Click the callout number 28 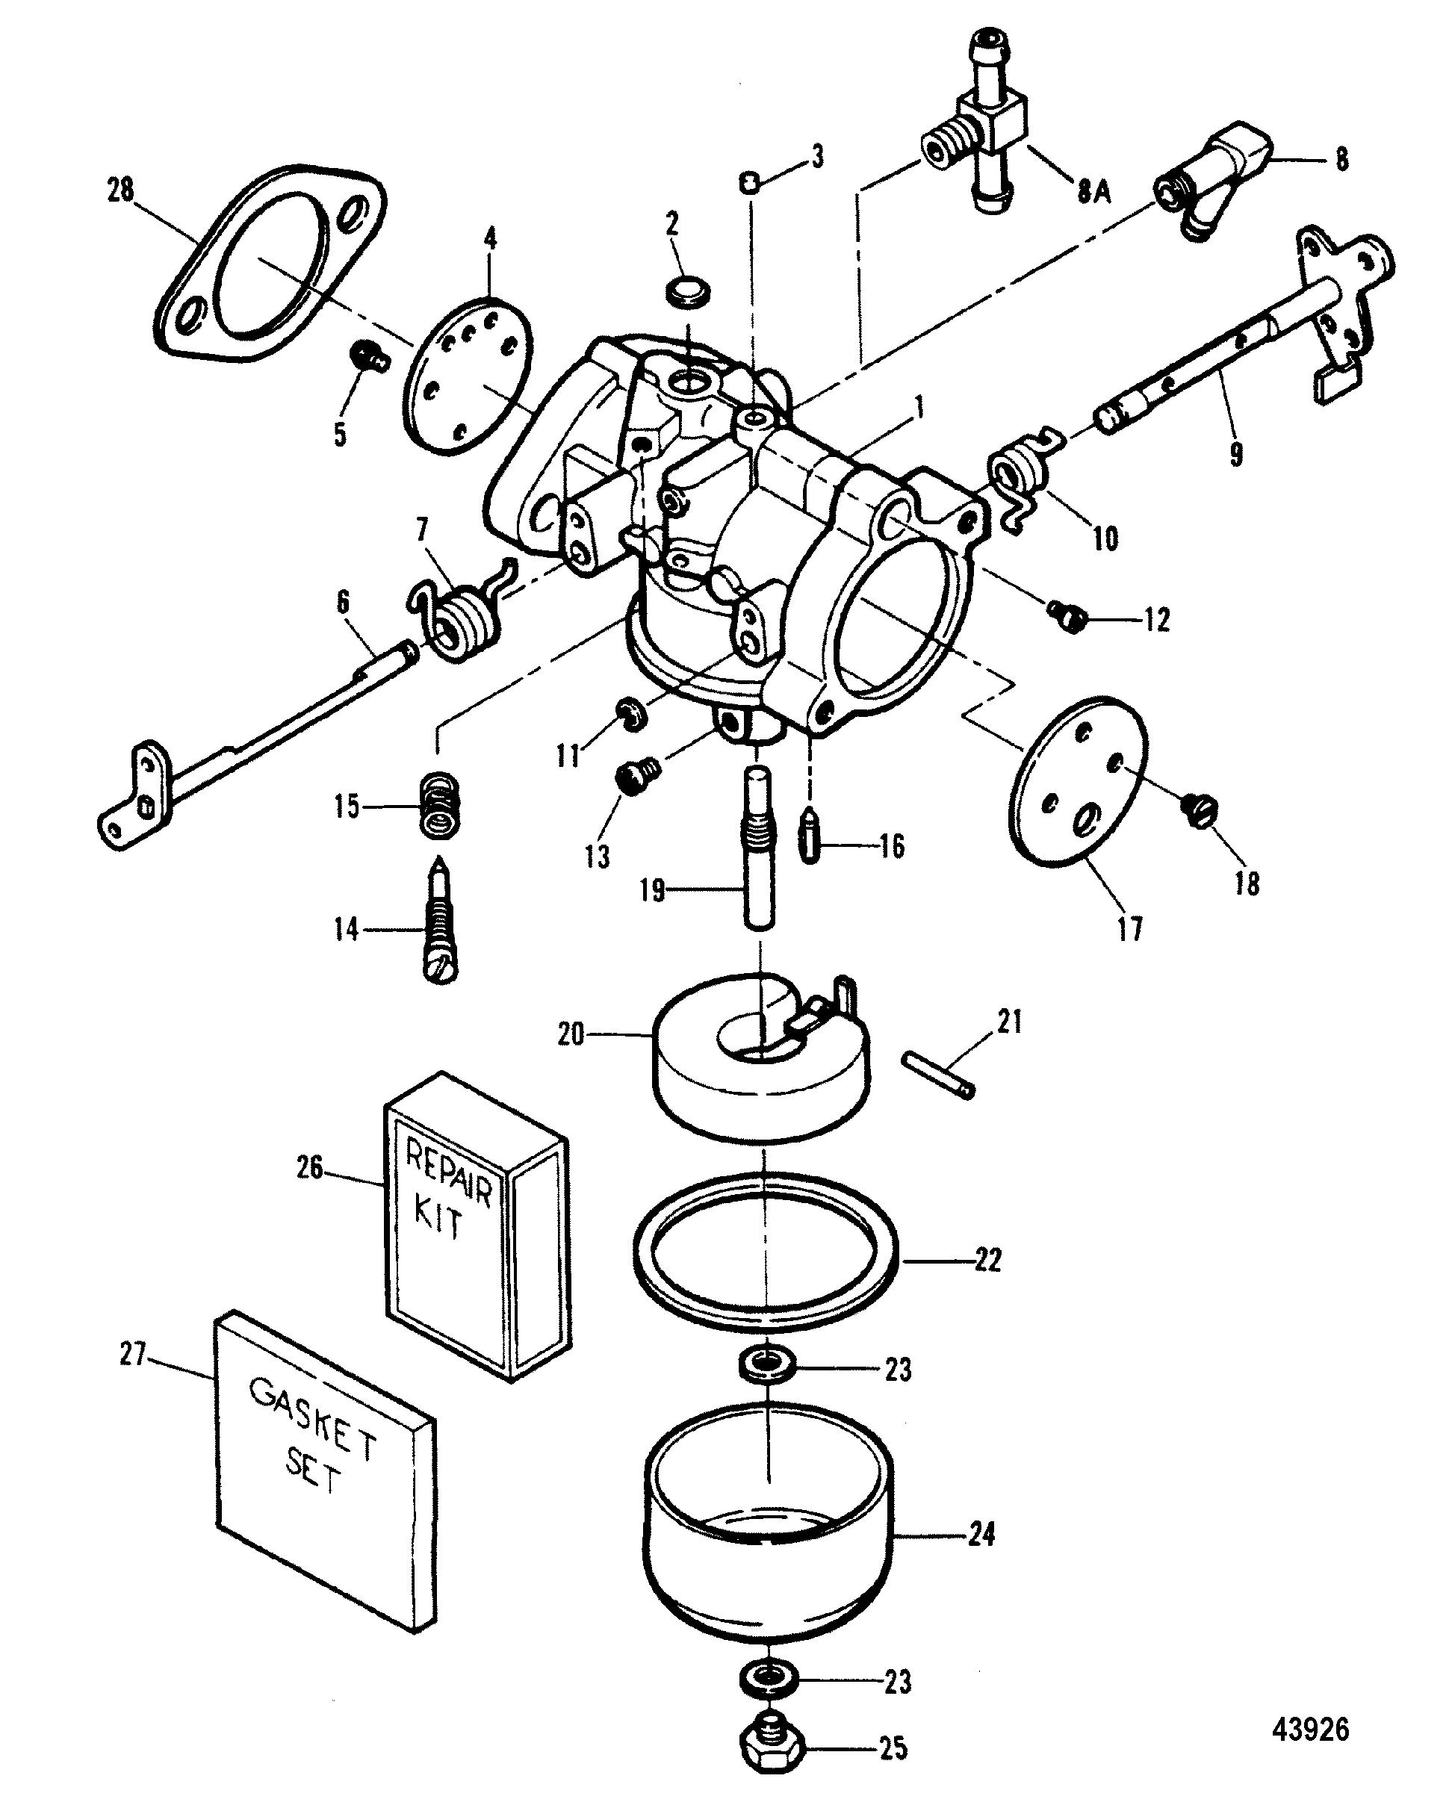(121, 190)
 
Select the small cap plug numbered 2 (689, 293)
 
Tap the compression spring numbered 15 (439, 806)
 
